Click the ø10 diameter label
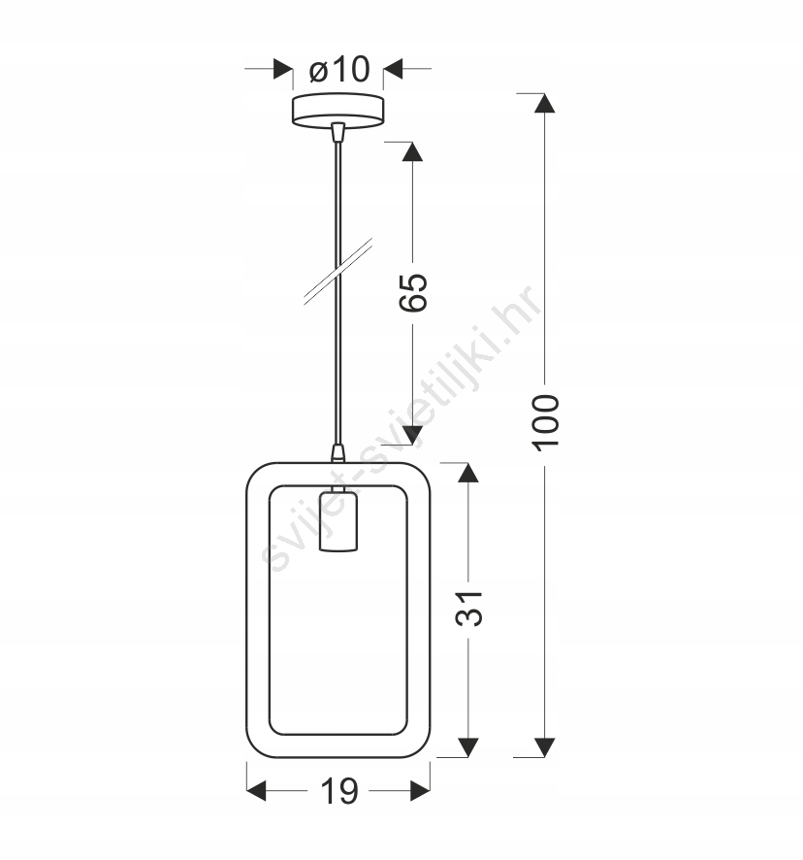click(x=339, y=70)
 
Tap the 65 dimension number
click(x=413, y=292)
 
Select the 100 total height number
click(x=545, y=422)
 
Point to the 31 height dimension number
click(x=468, y=609)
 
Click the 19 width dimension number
click(x=338, y=791)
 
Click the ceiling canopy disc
click(x=337, y=111)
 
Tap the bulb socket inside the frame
click(x=338, y=521)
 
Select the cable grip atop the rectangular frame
click(x=338, y=453)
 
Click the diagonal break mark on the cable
click(x=338, y=271)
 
